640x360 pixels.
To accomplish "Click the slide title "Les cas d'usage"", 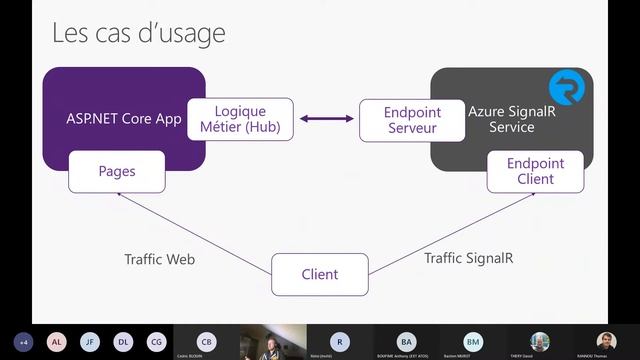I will click(x=139, y=33).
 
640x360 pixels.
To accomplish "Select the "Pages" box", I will click(x=116, y=171).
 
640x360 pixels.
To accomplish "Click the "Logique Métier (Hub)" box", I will click(x=240, y=119).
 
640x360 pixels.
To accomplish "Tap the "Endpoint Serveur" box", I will click(x=398, y=119).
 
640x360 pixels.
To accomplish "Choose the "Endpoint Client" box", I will click(x=535, y=171).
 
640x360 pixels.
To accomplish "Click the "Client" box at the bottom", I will click(x=320, y=274).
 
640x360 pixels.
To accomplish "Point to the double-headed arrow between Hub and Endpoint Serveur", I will click(x=326, y=120).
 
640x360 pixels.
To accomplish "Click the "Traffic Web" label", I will click(x=159, y=259).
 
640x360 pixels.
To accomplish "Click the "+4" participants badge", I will click(x=24, y=342).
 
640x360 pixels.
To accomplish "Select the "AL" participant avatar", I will click(x=57, y=342).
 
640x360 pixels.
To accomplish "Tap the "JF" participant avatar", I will click(x=90, y=342).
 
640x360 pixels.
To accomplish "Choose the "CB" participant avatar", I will click(x=206, y=341).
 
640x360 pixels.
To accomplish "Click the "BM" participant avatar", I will click(x=473, y=341).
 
